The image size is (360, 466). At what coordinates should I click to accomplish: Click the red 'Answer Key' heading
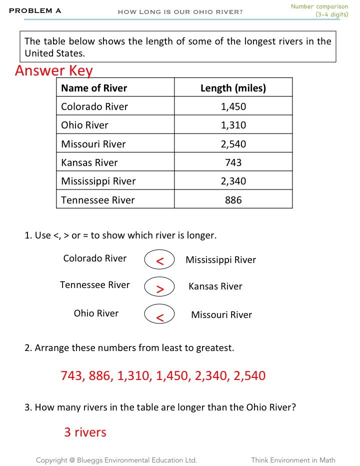click(54, 70)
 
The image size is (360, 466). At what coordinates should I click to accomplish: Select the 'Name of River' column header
click(94, 88)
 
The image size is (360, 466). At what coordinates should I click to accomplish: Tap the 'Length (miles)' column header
click(233, 88)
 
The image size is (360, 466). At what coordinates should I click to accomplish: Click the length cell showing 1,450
click(233, 106)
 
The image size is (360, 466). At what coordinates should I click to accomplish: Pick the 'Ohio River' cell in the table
click(84, 125)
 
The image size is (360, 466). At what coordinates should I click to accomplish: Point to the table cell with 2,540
click(233, 144)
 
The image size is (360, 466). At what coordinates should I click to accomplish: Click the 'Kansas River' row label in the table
click(89, 162)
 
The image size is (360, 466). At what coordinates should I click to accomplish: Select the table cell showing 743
click(233, 162)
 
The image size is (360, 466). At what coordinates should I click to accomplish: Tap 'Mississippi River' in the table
click(98, 181)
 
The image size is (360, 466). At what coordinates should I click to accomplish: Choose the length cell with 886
click(233, 200)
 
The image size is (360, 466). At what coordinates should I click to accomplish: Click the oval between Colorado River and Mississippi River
click(159, 260)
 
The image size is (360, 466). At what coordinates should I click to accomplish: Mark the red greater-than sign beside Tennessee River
click(159, 288)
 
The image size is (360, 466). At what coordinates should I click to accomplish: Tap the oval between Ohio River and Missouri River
click(159, 315)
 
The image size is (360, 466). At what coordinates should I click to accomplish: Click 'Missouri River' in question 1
click(221, 314)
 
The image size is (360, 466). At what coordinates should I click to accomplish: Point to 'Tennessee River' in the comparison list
click(94, 285)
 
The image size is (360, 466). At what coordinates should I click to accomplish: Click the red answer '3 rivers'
click(85, 432)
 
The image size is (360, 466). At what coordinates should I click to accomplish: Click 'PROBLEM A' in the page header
click(35, 10)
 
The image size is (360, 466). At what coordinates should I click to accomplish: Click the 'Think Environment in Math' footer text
click(293, 460)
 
